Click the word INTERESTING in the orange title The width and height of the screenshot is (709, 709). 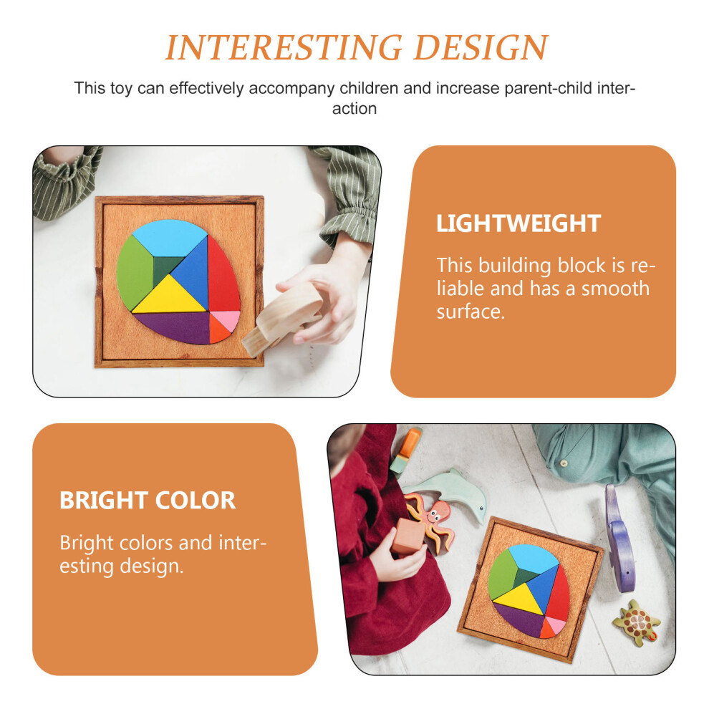click(x=284, y=47)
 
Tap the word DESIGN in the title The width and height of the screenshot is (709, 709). click(x=481, y=47)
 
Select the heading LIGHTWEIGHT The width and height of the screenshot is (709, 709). click(x=519, y=223)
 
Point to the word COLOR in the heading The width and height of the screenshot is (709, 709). click(x=196, y=501)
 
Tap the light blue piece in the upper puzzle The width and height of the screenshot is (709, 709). click(x=169, y=236)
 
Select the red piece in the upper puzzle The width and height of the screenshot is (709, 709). click(x=223, y=274)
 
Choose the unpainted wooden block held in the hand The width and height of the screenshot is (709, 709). click(x=284, y=317)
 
